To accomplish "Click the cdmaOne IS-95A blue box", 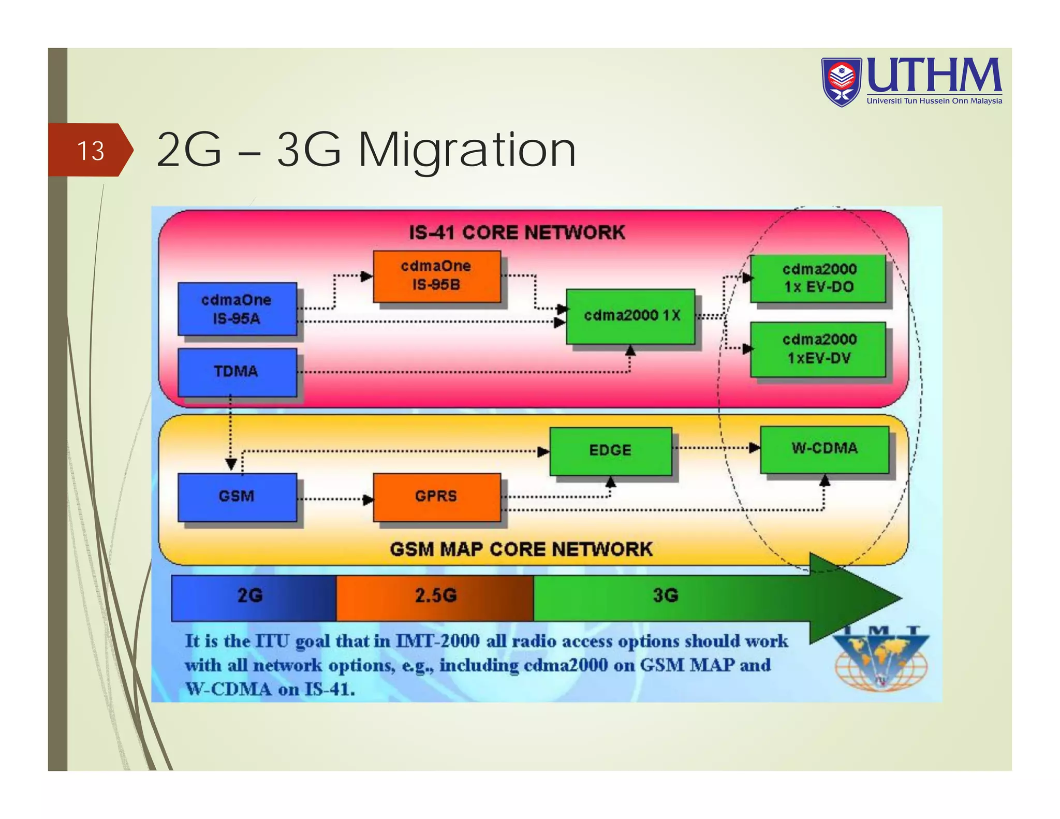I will tap(237, 309).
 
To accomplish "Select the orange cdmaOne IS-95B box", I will tap(436, 276).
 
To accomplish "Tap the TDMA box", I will tap(237, 372).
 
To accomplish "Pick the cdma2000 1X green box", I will tap(630, 316).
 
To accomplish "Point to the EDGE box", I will tap(610, 450).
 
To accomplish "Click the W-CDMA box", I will tap(824, 449).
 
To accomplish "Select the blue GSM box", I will tap(237, 496).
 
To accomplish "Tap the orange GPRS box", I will tap(436, 496).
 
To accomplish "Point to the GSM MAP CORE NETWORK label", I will tap(521, 549).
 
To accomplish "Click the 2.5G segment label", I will tap(436, 596).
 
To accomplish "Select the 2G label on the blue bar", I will tap(249, 596).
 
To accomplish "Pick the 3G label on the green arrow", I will tap(665, 596).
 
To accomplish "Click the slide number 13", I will tap(91, 151).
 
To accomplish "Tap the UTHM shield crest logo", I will tap(842, 82).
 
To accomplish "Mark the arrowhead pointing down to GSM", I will tap(231, 463).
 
